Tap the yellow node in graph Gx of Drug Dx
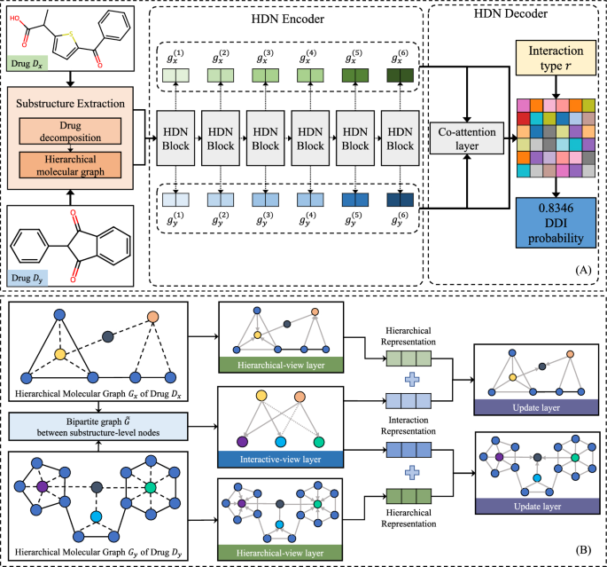60,354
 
